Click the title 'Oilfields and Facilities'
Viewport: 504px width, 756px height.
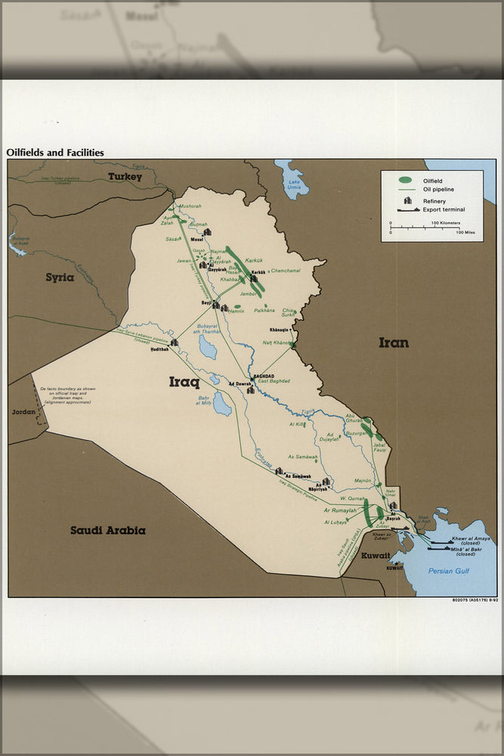[x=55, y=153]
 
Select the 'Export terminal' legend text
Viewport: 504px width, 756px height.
[x=444, y=209]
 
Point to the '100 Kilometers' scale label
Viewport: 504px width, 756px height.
[x=447, y=223]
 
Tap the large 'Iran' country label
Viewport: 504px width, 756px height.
[x=393, y=342]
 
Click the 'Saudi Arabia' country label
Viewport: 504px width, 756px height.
[x=108, y=530]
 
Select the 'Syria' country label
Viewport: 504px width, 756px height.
[x=60, y=277]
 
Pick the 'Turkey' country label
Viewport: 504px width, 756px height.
[x=125, y=176]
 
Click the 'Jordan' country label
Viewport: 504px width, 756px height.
[x=23, y=412]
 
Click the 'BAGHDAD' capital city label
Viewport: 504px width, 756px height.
[x=264, y=376]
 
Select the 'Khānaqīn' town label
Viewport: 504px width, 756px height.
[x=279, y=330]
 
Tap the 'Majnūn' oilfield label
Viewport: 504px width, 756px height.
[x=363, y=481]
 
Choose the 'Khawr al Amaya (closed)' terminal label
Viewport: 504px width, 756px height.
[x=471, y=541]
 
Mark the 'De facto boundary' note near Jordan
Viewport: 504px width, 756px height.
[x=68, y=396]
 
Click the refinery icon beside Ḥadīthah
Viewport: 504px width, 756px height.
[x=174, y=342]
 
